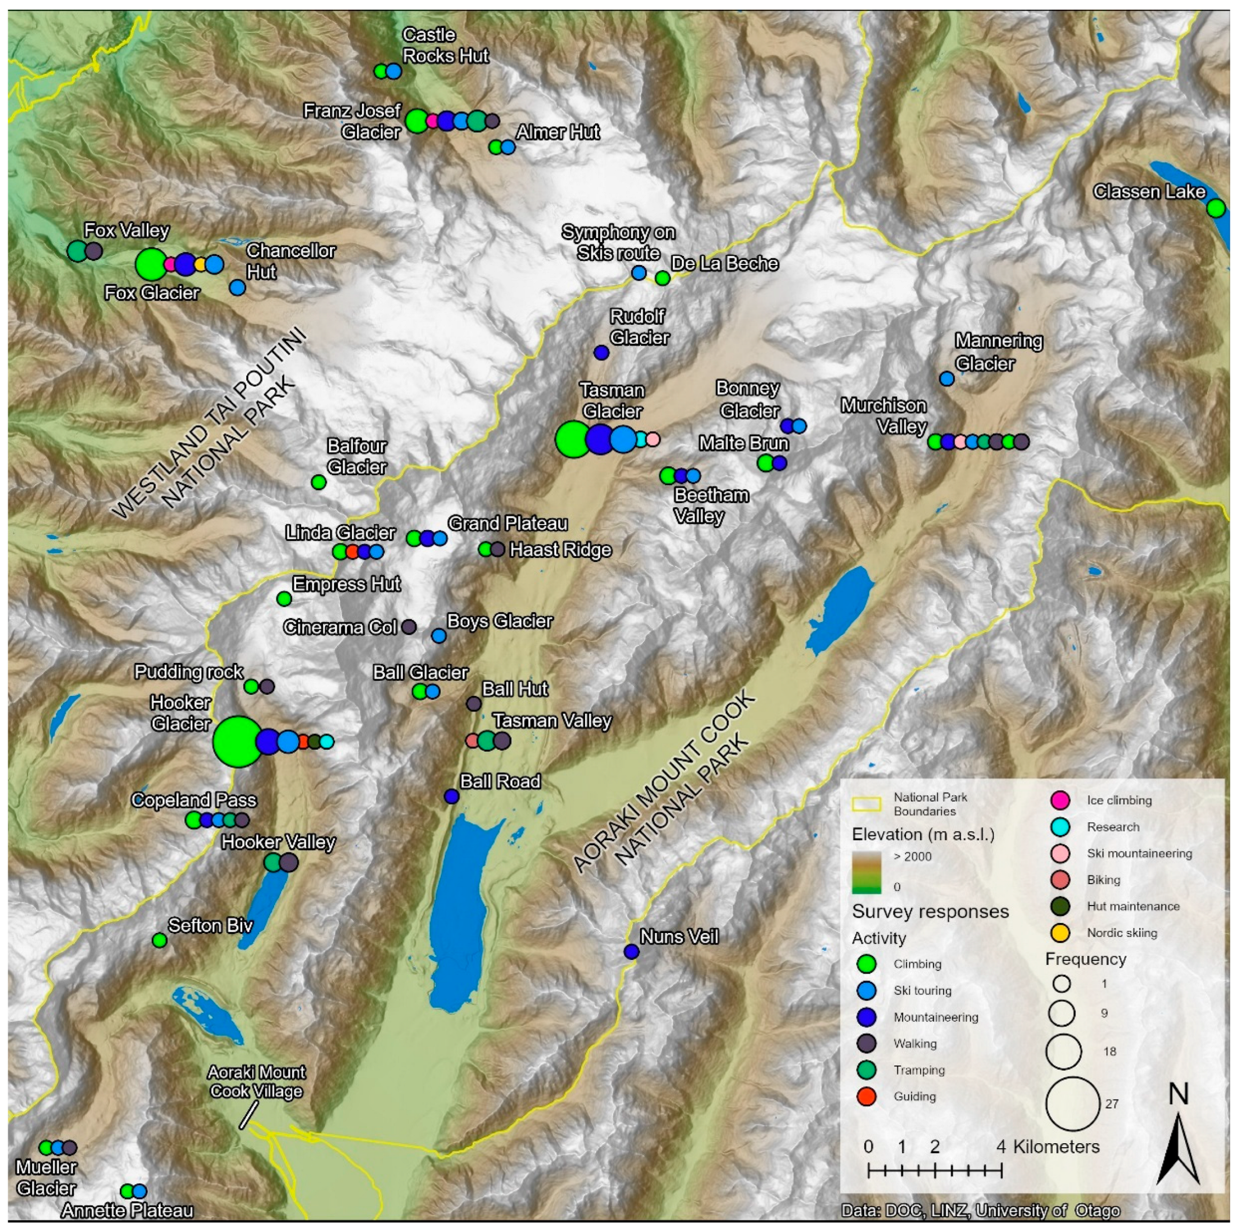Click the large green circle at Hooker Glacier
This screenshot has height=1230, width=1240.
238,742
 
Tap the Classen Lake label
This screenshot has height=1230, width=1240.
1149,192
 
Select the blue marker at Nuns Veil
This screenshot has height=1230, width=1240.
632,951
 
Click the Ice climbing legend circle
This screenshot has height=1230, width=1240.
1060,800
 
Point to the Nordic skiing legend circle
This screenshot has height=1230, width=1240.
1060,933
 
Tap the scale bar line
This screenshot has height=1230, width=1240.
934,1171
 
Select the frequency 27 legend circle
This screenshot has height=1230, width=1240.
1072,1104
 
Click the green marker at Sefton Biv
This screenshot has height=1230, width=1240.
160,940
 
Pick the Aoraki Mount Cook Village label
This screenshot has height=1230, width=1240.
256,1081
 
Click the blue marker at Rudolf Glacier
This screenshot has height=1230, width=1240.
601,352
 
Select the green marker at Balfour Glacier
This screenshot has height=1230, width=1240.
319,482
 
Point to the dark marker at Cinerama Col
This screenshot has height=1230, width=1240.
409,627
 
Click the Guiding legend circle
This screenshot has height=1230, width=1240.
867,1096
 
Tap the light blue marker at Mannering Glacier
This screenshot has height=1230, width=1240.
947,379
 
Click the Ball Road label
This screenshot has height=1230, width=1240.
500,781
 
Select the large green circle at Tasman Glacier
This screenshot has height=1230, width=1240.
572,440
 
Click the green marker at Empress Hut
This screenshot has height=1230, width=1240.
284,599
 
